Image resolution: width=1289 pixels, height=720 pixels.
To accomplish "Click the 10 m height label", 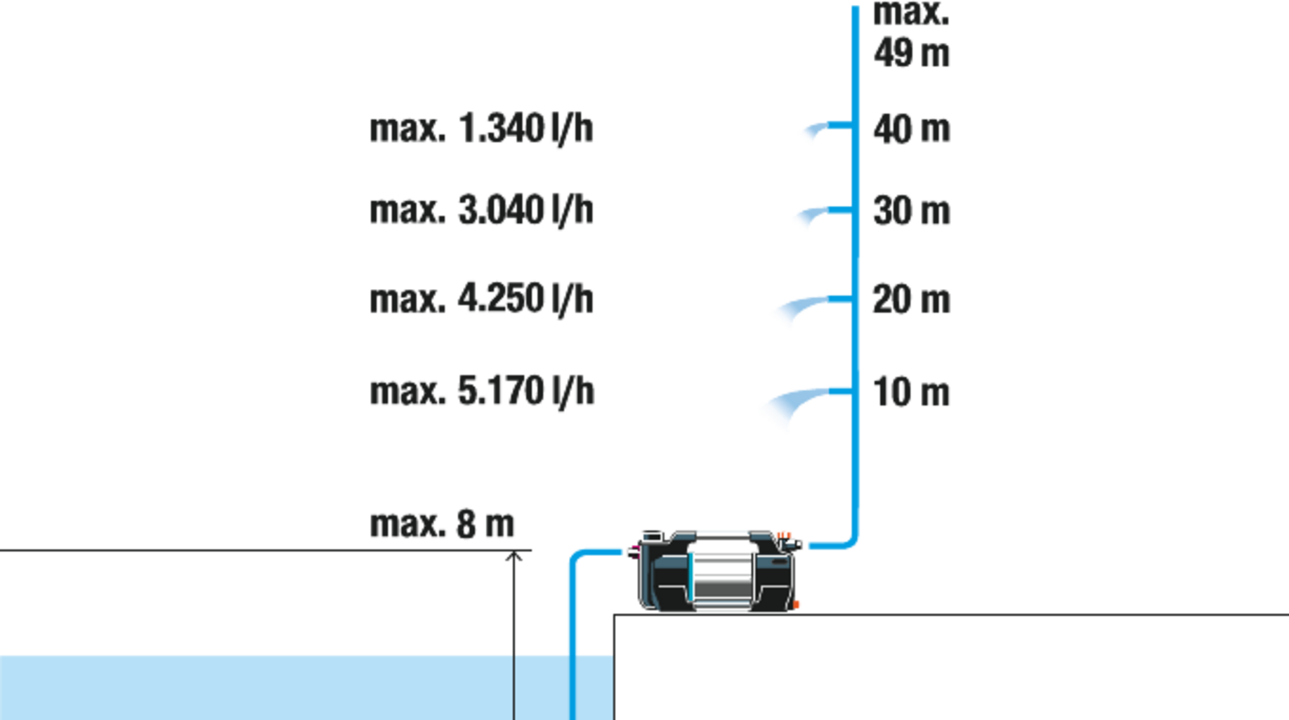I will pyautogui.click(x=912, y=392).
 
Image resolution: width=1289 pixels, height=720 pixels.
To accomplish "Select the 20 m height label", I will pyautogui.click(x=911, y=300).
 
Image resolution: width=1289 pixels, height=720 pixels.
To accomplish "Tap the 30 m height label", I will pyautogui.click(x=911, y=210).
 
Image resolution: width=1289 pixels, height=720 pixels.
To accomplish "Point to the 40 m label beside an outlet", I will pyautogui.click(x=911, y=130).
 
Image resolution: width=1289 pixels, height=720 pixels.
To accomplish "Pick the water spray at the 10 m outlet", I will pyautogui.click(x=787, y=408).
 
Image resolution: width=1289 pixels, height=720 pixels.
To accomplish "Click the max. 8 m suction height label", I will pyautogui.click(x=443, y=524).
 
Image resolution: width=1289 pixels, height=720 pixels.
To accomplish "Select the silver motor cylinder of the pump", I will pyautogui.click(x=724, y=577).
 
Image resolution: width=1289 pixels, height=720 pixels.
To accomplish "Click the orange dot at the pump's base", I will pyautogui.click(x=798, y=605).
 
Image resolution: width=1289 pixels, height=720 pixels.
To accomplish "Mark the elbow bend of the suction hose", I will pyautogui.click(x=573, y=557).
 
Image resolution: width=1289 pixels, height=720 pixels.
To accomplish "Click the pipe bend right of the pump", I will pyautogui.click(x=851, y=542).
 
